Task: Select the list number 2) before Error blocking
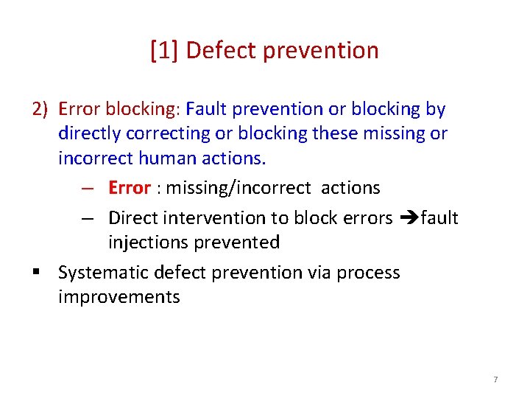pyautogui.click(x=40, y=109)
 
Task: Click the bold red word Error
pyautogui.click(x=129, y=188)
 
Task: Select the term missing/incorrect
pyautogui.click(x=239, y=188)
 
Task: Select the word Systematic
pyautogui.click(x=104, y=273)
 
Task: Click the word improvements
pyautogui.click(x=119, y=297)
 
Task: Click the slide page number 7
pyautogui.click(x=495, y=380)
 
